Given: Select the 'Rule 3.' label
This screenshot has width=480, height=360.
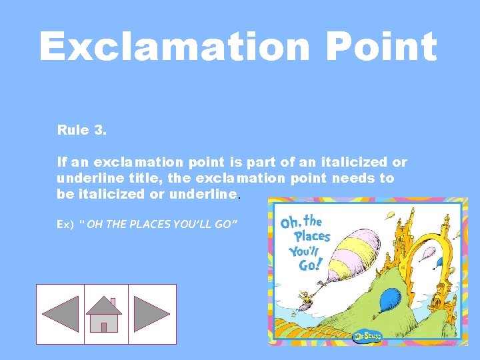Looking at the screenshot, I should click(x=82, y=130).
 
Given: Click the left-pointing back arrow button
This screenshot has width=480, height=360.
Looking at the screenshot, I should click(x=60, y=314).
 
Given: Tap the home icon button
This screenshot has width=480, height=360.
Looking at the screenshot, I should click(x=105, y=315).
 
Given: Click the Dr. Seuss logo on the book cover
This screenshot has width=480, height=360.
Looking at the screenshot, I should click(x=367, y=336).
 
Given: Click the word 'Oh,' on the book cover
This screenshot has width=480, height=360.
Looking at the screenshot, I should click(x=291, y=222).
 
